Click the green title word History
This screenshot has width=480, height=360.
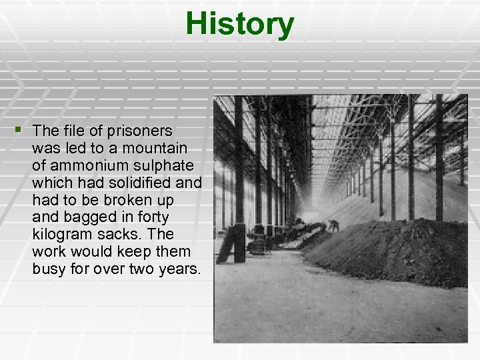click(239, 24)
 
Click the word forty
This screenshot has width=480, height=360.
click(153, 217)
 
